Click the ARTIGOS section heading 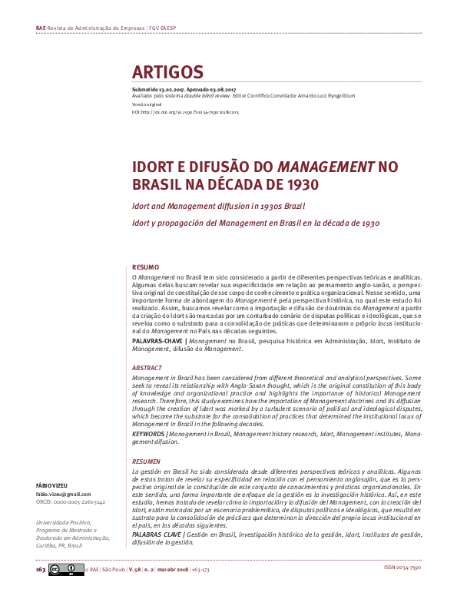[167, 72]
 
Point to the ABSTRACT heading [147, 368]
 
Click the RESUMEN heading [147, 461]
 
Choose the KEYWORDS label [149, 434]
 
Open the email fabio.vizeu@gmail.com [64, 495]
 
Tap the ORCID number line [71, 502]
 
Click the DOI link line [185, 112]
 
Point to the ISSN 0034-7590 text [402, 569]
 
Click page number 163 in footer [41, 571]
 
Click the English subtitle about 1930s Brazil [218, 207]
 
